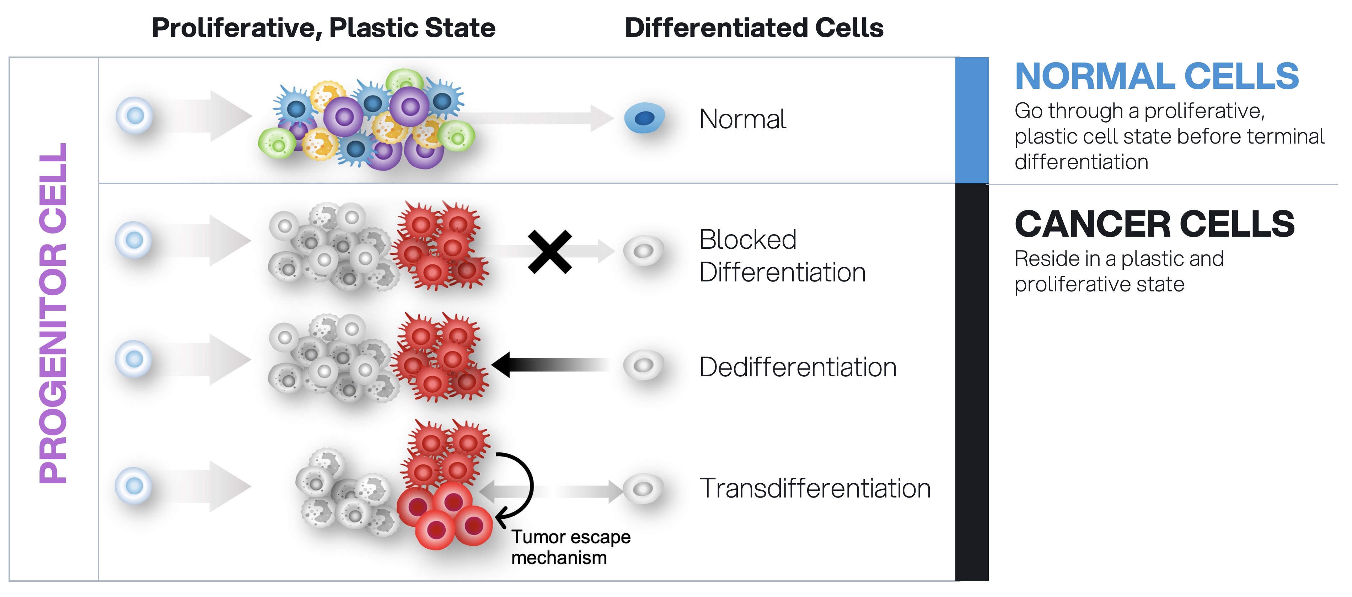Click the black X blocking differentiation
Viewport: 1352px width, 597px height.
[x=549, y=252]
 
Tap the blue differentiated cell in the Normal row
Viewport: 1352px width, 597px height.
[x=644, y=118]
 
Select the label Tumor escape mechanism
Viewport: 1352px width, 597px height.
[x=570, y=547]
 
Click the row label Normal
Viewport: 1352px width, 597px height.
[x=743, y=119]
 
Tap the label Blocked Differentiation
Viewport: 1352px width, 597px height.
[x=782, y=256]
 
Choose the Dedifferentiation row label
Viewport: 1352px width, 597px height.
[x=798, y=367]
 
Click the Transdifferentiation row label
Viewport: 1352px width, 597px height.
[x=815, y=488]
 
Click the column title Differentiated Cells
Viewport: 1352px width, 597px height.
[x=754, y=28]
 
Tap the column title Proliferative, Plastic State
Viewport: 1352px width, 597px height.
[x=323, y=28]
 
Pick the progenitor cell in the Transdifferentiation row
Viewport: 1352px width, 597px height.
[x=134, y=486]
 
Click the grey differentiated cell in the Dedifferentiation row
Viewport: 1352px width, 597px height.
[x=643, y=365]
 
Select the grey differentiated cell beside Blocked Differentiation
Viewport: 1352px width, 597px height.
[x=643, y=251]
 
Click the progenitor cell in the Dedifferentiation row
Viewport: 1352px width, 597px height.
[x=134, y=359]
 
